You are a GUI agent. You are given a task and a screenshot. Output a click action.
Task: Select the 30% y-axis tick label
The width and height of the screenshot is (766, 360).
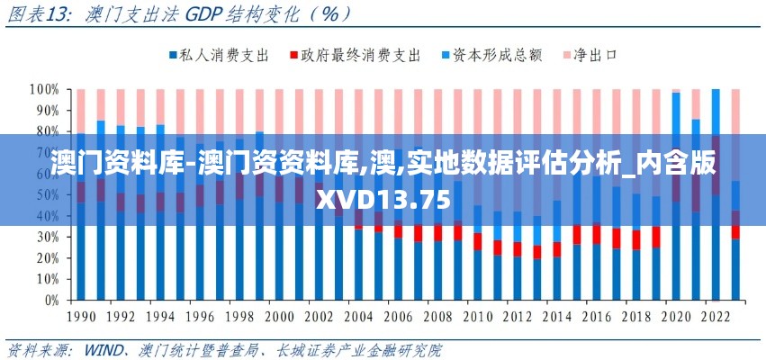(46, 237)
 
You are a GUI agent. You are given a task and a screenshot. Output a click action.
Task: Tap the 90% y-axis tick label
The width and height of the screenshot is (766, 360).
(46, 111)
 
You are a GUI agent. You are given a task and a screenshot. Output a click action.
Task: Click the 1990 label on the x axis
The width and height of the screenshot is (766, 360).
(82, 317)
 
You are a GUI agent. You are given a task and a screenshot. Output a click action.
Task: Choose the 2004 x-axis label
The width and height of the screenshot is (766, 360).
(358, 317)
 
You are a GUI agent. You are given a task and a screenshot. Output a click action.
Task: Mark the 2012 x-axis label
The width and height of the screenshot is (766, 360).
(517, 317)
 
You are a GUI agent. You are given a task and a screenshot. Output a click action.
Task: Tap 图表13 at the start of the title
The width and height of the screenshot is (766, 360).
(36, 14)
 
